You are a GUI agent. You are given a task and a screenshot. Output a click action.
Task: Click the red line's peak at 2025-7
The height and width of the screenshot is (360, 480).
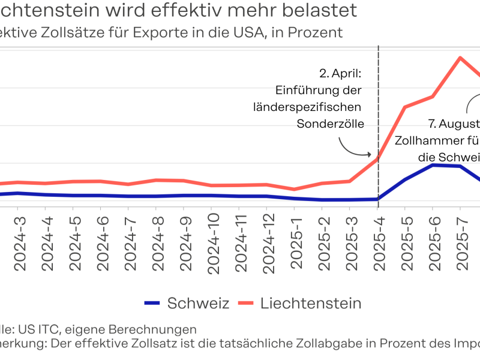pos(460,58)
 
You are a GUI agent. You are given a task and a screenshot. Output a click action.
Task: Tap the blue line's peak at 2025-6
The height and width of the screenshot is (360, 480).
pos(433,164)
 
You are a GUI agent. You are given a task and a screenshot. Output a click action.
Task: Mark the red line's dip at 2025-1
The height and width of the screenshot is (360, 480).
pos(295,189)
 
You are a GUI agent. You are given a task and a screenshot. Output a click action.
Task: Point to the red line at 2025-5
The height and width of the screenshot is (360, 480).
pos(405,107)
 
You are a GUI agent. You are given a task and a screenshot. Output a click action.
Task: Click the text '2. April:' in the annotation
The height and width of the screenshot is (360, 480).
pos(340,74)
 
